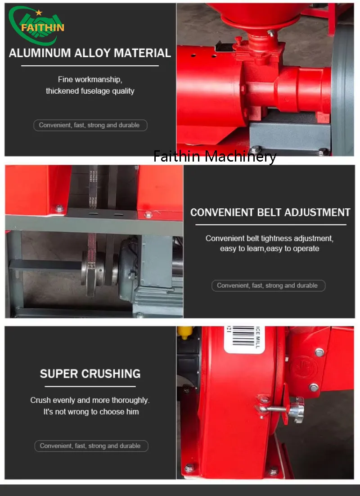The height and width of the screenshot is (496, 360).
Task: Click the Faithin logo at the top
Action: (x=36, y=25)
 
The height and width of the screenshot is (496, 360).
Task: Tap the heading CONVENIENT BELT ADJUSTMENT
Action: (x=270, y=212)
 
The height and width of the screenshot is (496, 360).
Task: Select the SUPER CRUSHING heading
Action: (x=90, y=374)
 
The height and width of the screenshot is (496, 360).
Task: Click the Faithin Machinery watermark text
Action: (x=215, y=156)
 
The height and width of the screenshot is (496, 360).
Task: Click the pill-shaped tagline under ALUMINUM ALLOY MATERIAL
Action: (x=90, y=125)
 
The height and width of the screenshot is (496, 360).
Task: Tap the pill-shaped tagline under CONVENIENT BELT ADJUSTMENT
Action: (x=268, y=286)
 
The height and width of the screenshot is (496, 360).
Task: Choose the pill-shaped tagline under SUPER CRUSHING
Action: (x=91, y=446)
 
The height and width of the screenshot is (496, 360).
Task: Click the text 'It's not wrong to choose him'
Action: (x=91, y=412)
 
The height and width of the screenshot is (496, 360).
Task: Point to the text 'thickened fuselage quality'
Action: (x=90, y=91)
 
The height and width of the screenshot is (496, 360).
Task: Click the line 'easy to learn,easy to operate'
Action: (x=270, y=248)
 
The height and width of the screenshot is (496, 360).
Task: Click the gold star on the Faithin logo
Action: (x=39, y=13)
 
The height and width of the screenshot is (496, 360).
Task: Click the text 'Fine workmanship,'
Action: (x=90, y=79)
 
